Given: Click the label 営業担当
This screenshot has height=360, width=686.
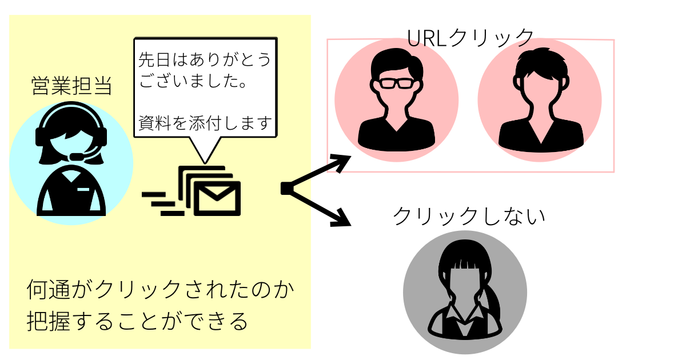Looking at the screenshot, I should coord(71,86).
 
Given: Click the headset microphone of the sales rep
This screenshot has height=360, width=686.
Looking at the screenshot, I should coord(75,157).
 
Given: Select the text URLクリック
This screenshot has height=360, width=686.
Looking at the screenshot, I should coord(470,37).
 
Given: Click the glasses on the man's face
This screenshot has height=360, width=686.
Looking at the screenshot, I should coord(396,83).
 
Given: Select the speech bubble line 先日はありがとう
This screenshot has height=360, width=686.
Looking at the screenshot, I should coord(204,60).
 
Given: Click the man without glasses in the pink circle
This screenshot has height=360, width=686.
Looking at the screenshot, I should coord(540,99).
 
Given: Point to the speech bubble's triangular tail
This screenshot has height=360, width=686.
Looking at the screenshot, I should coord(204,150).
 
